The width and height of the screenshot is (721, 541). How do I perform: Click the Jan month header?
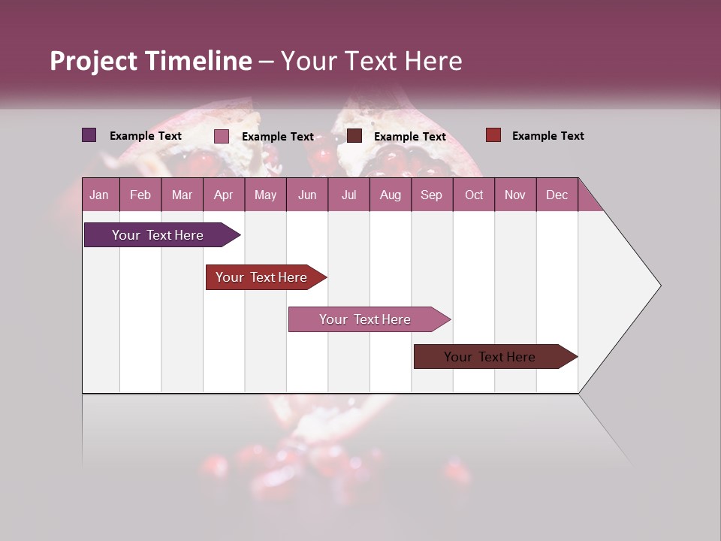coord(99,195)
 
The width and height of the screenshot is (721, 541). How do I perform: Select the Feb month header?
coord(140,195)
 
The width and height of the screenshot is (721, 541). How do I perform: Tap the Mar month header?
coord(182,195)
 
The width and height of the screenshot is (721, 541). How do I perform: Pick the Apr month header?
coord(223,195)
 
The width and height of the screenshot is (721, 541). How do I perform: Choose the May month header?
coord(265,195)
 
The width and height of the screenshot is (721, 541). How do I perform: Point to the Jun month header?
coord(307,195)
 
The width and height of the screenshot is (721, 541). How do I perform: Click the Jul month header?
coord(348,195)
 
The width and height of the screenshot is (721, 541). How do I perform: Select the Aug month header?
coord(390,195)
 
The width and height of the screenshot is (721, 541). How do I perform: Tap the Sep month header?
coord(431,195)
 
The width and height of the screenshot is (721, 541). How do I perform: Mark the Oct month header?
coord(474,195)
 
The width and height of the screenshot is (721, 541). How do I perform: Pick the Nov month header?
coord(515,195)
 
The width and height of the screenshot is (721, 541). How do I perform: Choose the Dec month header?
coord(557,195)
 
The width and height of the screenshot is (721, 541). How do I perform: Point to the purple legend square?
coord(89,135)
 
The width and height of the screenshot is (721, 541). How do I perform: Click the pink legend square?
coord(222,136)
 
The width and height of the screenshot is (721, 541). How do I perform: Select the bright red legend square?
coord(493,135)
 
